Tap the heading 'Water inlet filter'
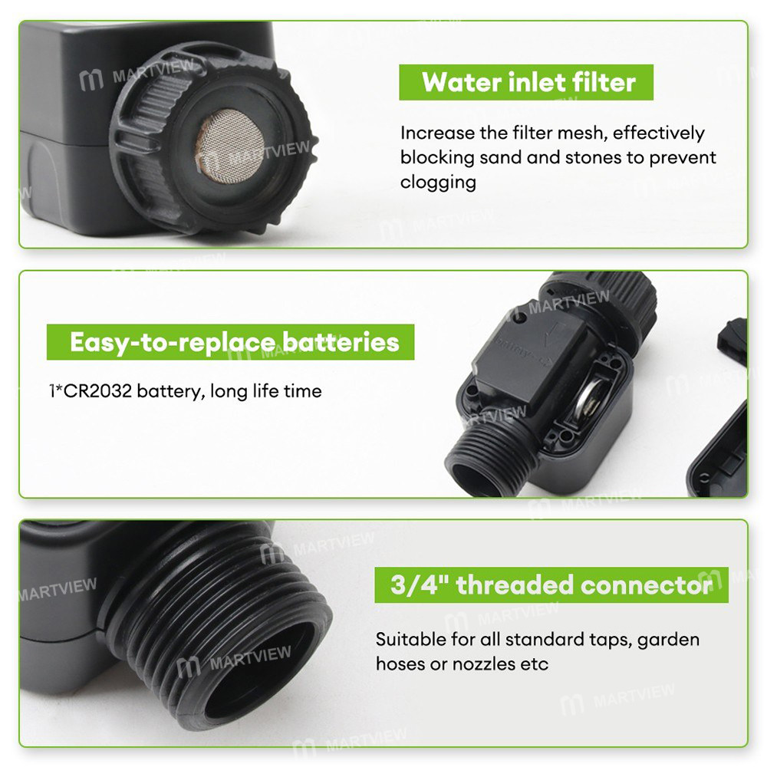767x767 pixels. click(528, 82)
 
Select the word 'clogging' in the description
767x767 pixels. click(438, 183)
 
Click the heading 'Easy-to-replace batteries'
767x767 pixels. click(234, 342)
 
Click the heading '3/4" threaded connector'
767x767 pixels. click(551, 585)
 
